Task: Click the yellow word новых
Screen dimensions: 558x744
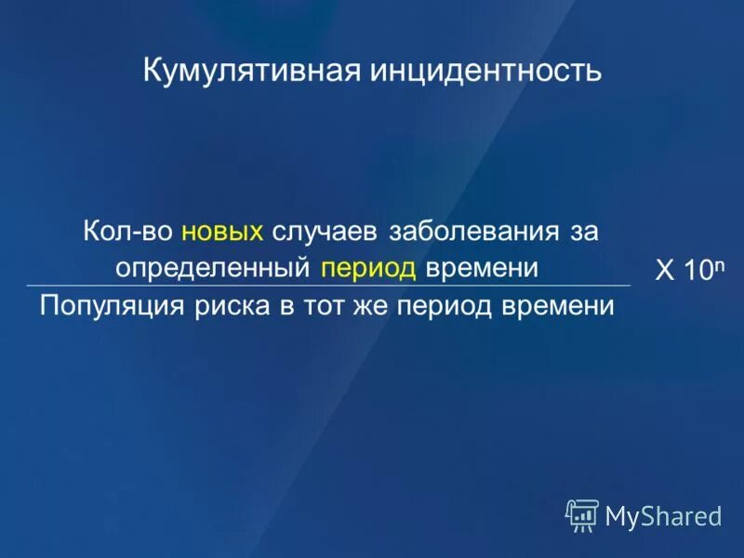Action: [x=223, y=232]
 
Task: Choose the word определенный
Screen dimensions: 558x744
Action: [x=212, y=268]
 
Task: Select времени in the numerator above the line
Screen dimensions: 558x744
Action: [x=482, y=268]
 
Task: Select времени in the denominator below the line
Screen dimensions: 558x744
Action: [x=563, y=305]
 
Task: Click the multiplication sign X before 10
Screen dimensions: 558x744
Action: [x=665, y=272]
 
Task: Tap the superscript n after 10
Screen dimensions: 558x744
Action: [x=717, y=264]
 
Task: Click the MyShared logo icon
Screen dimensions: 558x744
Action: [x=582, y=514]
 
